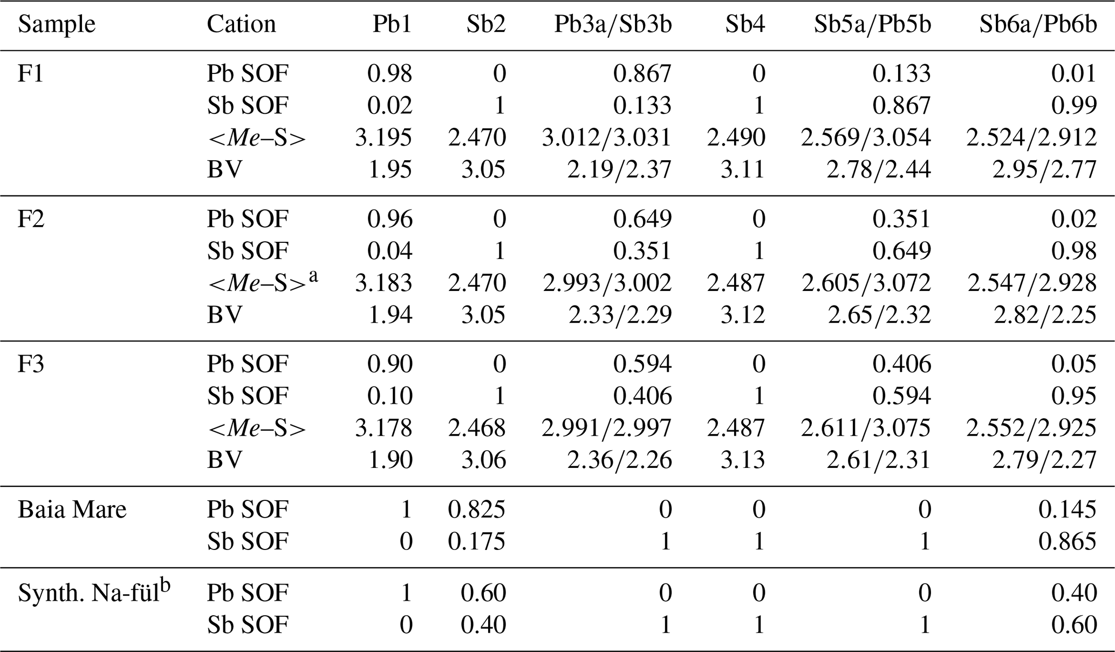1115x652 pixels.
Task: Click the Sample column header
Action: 57,25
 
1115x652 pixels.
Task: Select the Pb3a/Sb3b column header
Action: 613,25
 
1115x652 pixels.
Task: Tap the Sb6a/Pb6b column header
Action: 1038,25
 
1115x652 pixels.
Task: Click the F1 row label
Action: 31,73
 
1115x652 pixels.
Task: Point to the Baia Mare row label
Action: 72,510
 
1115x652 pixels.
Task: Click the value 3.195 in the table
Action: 383,138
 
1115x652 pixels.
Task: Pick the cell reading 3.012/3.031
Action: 606,138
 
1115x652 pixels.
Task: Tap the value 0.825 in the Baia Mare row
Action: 476,510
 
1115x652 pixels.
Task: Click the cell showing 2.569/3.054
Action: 866,138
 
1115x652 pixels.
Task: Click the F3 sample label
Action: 31,364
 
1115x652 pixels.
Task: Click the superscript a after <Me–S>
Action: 312,276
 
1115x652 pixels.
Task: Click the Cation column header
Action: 241,25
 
